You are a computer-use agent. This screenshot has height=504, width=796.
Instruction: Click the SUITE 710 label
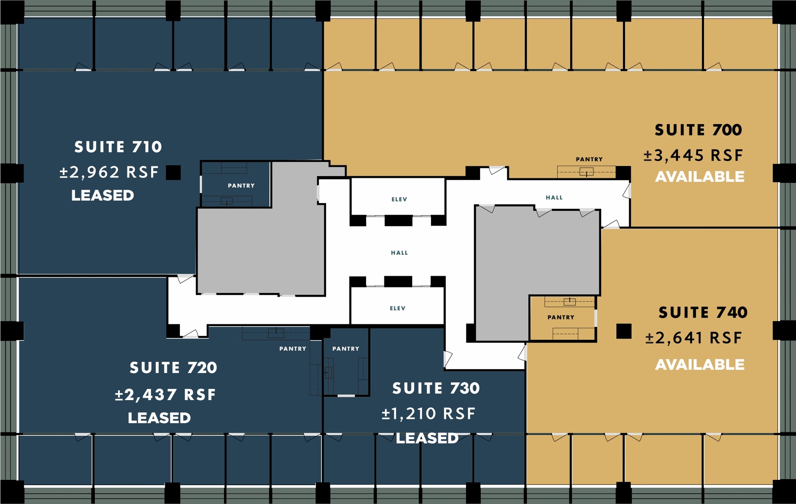tap(118, 147)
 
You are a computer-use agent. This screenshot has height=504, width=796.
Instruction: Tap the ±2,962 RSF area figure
tap(109, 172)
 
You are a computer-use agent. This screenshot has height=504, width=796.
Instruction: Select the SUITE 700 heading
tap(698, 130)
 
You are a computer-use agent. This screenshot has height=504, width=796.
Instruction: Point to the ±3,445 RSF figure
tap(693, 156)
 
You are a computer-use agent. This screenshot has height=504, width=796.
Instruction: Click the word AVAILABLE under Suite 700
tap(700, 177)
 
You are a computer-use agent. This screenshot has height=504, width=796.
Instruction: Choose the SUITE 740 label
tap(703, 313)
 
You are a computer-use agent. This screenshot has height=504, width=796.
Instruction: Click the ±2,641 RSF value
tap(693, 338)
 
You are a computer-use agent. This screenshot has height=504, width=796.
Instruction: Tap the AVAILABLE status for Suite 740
tap(700, 365)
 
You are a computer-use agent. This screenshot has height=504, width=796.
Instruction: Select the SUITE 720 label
tap(173, 368)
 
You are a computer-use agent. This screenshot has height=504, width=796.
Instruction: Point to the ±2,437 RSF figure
tap(165, 395)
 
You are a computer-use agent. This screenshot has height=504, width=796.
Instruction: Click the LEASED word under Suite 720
tap(159, 418)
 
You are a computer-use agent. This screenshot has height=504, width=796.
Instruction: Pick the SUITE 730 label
tap(436, 388)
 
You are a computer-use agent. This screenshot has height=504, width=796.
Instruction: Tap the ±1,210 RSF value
tap(428, 414)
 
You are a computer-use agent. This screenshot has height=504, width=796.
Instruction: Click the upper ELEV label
tap(399, 199)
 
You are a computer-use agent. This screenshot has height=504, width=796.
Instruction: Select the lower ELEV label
tap(398, 308)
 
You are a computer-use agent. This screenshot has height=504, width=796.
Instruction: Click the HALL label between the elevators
tap(399, 253)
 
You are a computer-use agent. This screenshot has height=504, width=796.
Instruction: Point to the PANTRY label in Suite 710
tap(241, 186)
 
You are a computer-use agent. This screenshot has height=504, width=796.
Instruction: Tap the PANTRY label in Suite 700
tap(589, 159)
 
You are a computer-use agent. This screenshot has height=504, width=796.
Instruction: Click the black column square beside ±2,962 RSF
tap(173, 172)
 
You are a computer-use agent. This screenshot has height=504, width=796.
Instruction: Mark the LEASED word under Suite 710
tap(103, 196)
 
